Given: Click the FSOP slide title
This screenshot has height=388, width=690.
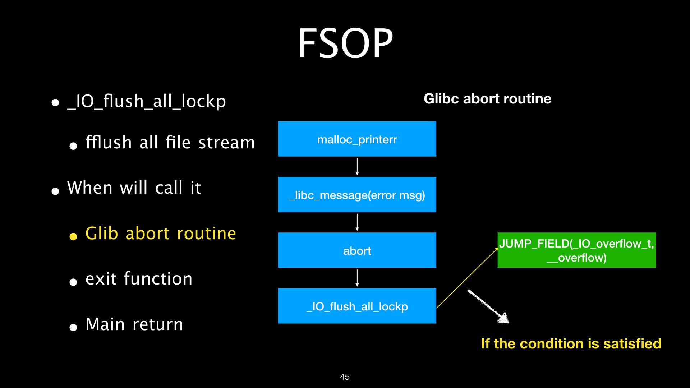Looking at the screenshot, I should point(345,44).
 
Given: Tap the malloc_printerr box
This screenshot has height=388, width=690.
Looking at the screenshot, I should point(357,139).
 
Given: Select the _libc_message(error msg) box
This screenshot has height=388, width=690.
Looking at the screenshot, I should point(357,195).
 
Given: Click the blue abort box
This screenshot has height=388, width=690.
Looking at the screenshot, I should point(357,250).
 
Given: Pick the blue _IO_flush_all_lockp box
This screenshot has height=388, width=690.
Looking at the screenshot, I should point(357,306).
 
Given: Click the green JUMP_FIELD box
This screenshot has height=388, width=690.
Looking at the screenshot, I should point(576,250).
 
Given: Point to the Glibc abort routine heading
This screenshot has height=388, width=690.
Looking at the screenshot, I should point(487,99).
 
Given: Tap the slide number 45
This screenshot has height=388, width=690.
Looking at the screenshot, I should point(345,377).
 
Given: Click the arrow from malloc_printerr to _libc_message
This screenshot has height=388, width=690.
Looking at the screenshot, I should point(357,167).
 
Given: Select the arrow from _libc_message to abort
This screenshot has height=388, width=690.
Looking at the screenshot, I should point(357,222).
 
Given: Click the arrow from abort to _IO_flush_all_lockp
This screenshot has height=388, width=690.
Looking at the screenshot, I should point(357,278).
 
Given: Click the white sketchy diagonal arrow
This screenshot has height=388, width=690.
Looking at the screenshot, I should point(488,306).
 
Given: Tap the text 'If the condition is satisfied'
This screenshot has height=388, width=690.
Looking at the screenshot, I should point(571,344).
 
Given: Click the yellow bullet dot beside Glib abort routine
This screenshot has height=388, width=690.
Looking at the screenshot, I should point(73,236).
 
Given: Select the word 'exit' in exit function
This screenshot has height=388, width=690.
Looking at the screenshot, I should point(101,279).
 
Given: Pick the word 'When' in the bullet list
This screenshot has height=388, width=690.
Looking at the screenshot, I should point(90,188).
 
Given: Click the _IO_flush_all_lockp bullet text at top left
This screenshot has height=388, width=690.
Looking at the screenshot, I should point(147,101).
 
